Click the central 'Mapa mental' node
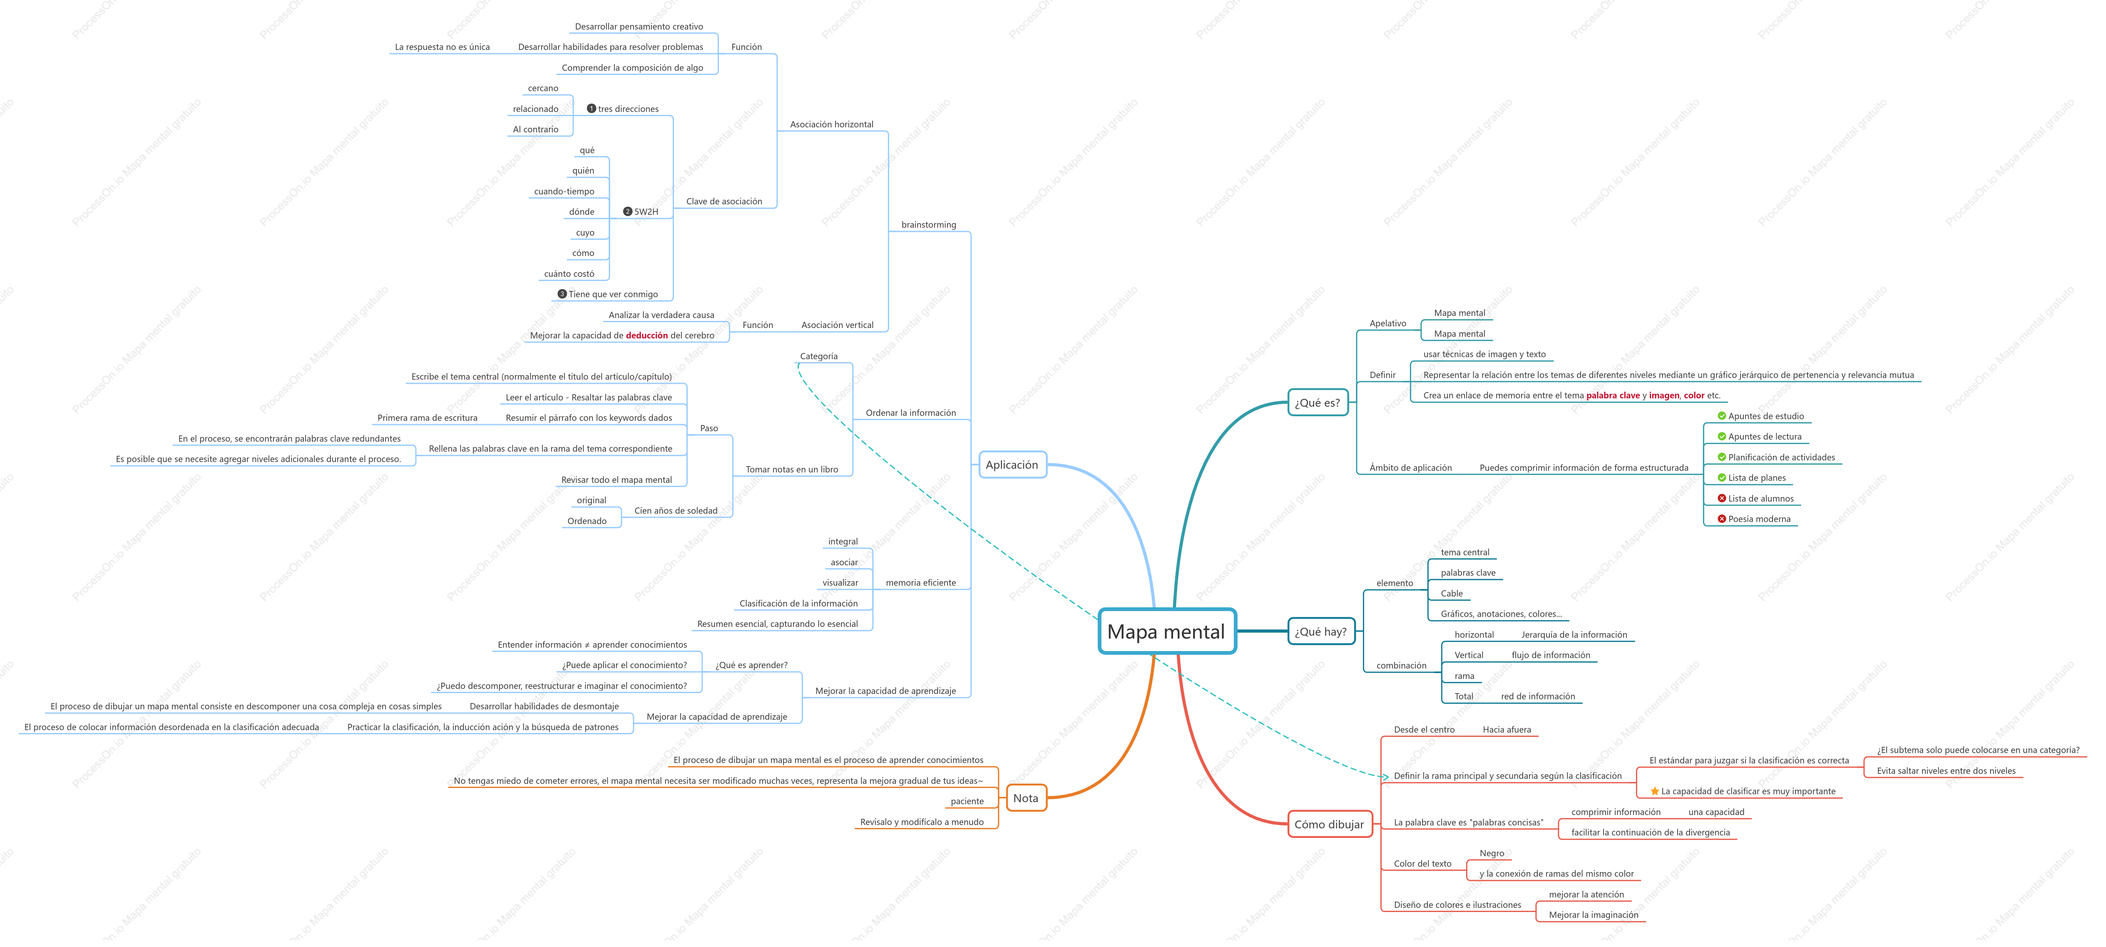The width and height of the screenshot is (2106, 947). pos(1166,631)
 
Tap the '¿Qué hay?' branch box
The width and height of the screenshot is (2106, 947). pos(1320,631)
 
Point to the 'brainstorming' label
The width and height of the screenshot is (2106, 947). pos(929,225)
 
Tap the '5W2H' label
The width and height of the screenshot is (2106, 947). pos(646,212)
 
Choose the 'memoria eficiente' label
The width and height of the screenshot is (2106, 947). pos(920,583)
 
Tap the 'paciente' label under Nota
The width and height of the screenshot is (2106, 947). pos(967,801)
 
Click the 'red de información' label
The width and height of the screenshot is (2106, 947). pos(1538,697)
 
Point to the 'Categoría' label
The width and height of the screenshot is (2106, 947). pos(818,357)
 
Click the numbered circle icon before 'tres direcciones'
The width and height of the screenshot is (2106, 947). pos(591,109)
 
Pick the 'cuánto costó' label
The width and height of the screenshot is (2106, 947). pos(569,274)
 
